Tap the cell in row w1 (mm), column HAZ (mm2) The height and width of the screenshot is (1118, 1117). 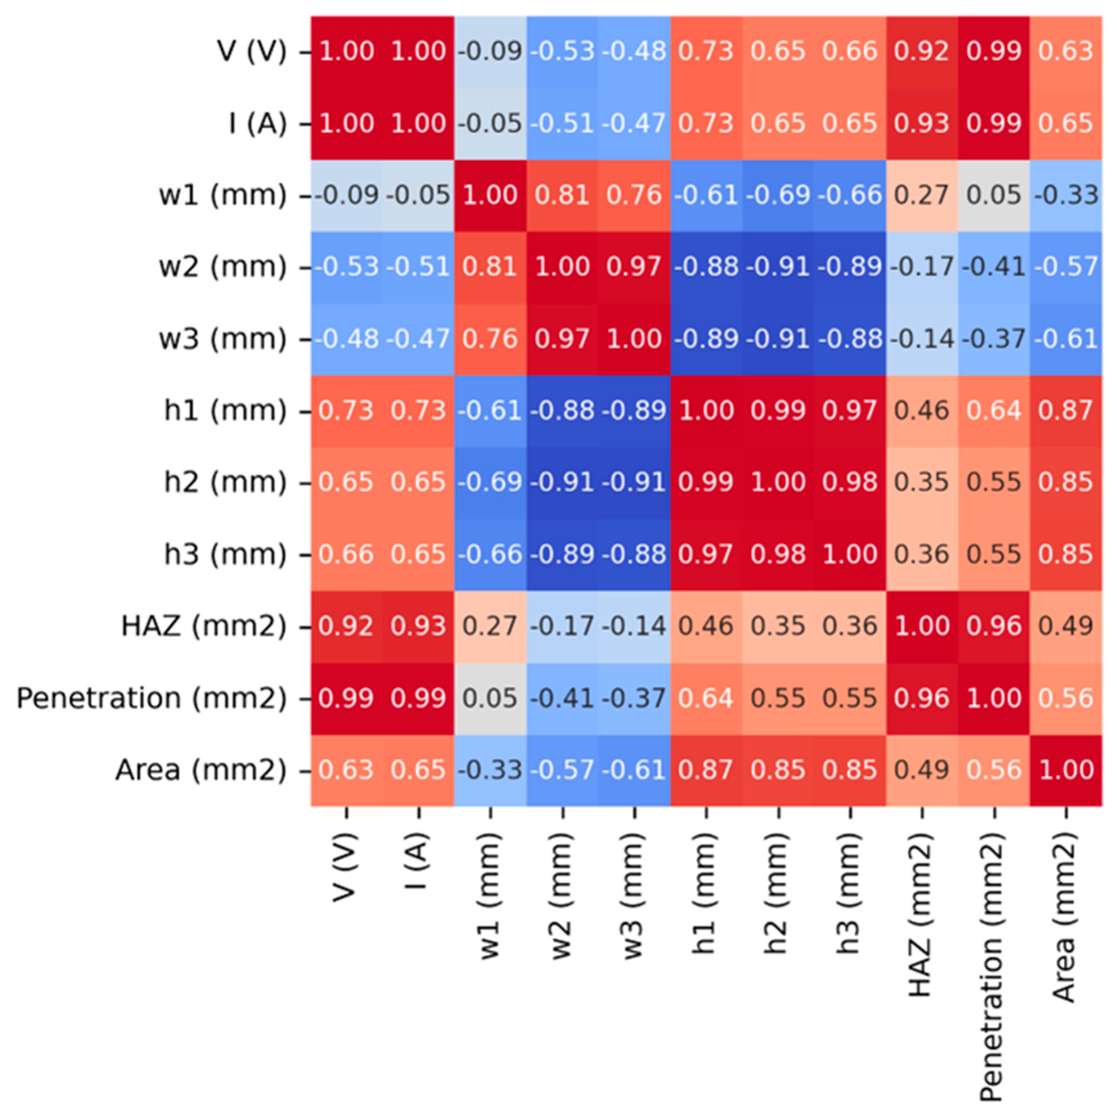(x=921, y=195)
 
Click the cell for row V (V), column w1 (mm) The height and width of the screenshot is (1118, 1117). (x=490, y=51)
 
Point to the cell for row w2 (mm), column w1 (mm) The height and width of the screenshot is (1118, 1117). (x=490, y=267)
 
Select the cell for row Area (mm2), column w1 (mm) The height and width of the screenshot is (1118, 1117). (x=490, y=770)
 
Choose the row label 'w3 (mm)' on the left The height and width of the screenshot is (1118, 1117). (x=223, y=339)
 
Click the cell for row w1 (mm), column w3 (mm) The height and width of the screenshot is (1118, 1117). (x=634, y=195)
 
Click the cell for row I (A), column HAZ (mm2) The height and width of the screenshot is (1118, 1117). (x=921, y=123)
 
